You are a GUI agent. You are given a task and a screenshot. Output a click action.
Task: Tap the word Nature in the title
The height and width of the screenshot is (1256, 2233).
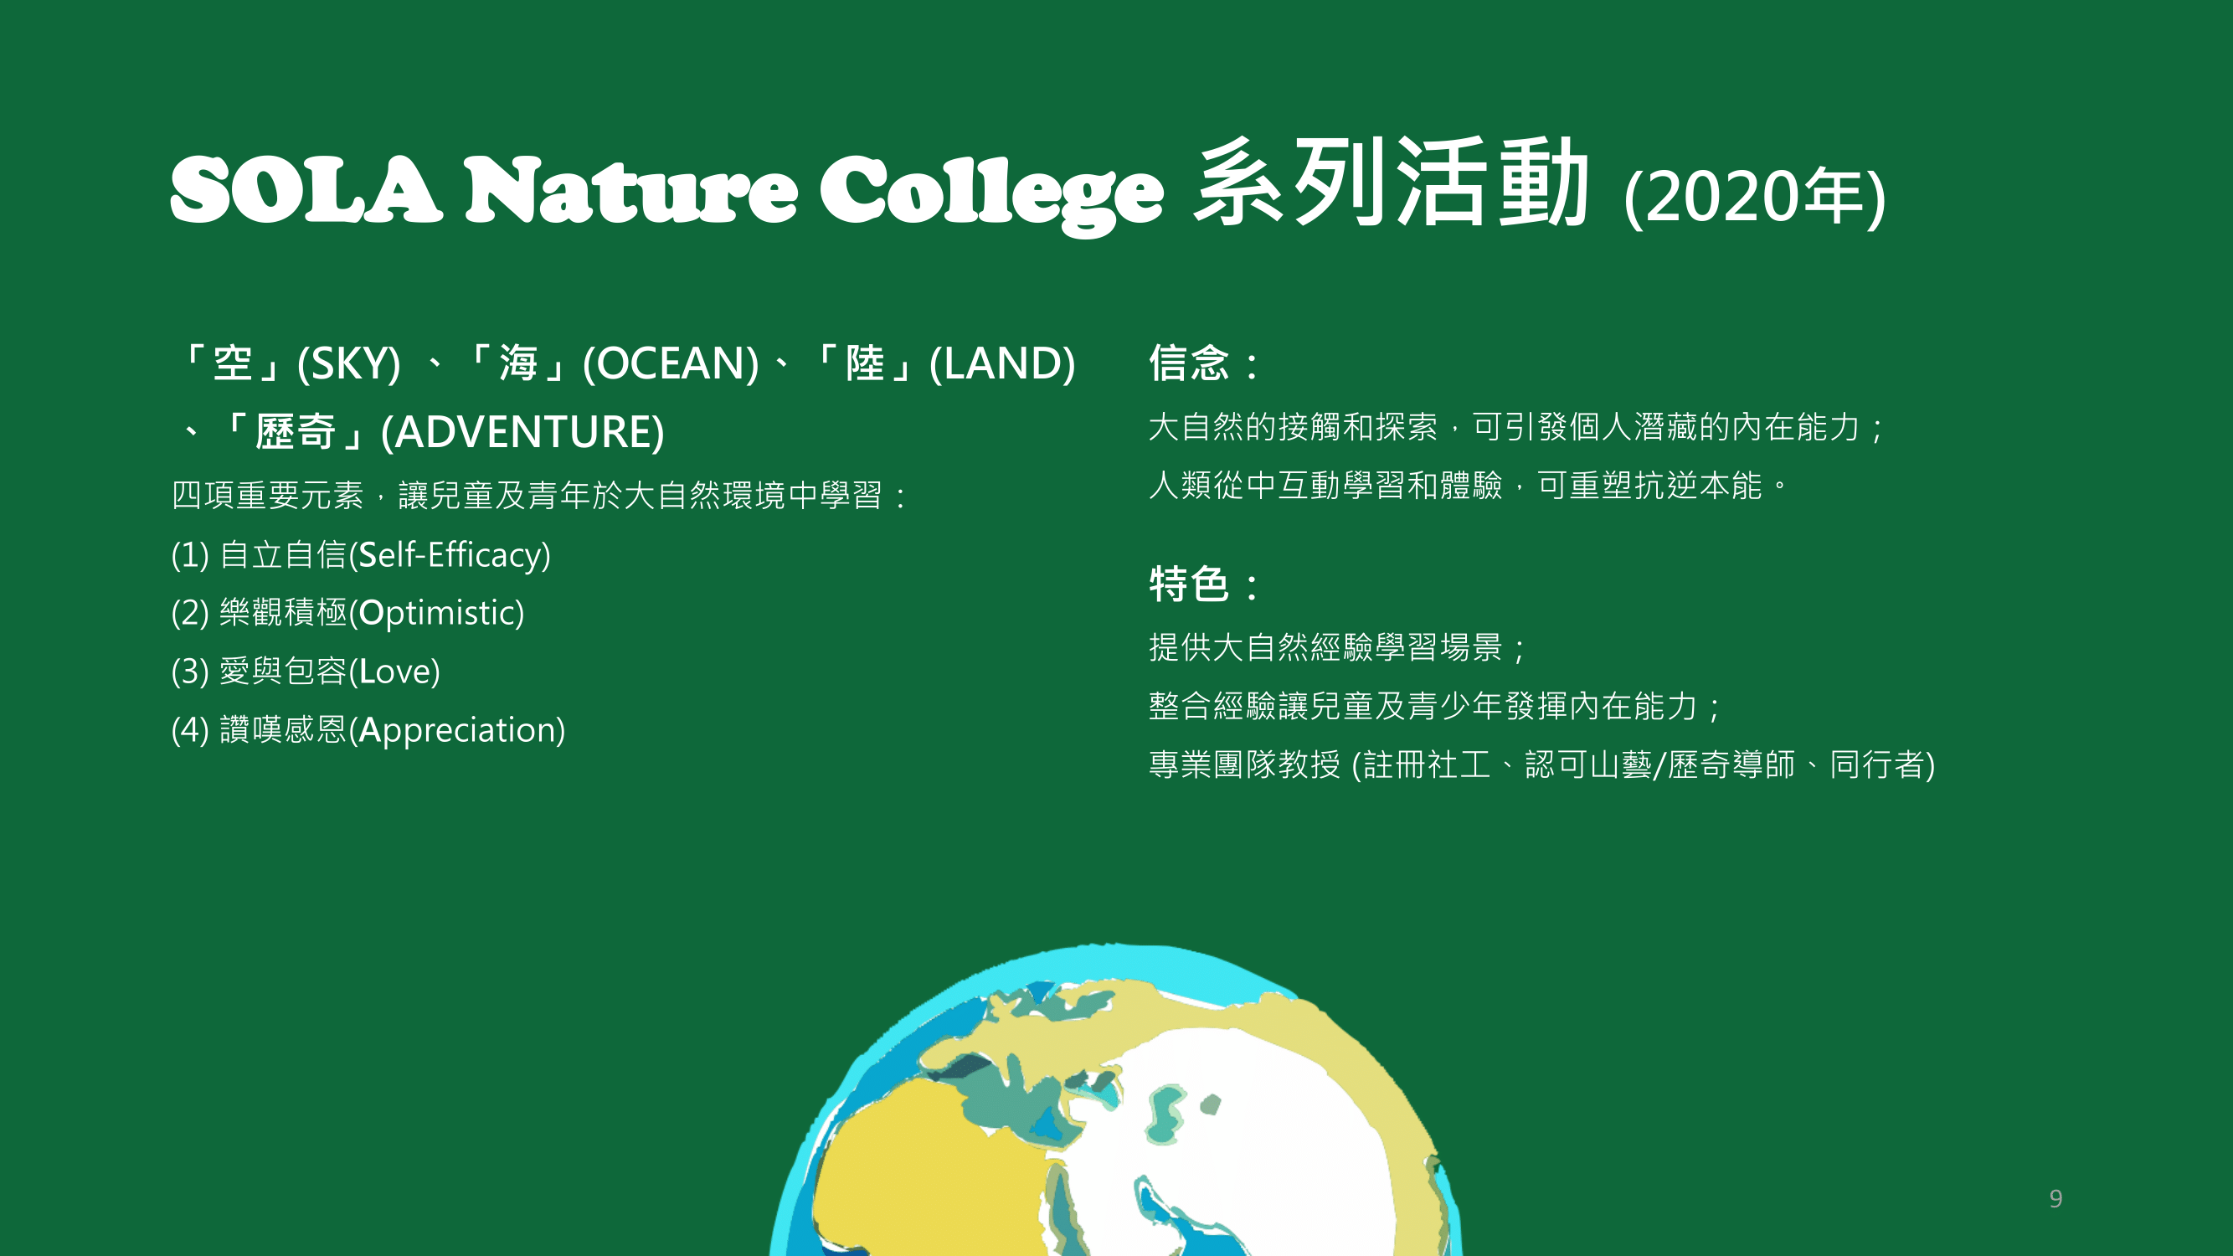point(630,190)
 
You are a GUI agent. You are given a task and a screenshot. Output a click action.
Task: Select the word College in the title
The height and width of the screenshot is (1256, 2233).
point(990,195)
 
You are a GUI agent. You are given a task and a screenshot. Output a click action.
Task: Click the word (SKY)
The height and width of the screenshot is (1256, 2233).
point(348,363)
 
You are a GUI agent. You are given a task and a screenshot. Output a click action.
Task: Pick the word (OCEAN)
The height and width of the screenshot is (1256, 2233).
point(671,363)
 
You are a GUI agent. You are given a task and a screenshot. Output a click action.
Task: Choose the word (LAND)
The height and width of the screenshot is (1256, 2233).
point(1002,363)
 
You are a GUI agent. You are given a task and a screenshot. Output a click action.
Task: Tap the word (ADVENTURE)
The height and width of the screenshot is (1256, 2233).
point(522,432)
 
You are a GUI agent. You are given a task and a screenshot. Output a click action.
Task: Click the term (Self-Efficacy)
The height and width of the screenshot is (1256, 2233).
point(449,555)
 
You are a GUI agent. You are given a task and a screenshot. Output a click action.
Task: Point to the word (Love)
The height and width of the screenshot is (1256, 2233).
point(394,671)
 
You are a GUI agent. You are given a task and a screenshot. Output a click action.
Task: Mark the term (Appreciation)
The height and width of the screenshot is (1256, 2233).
point(457,730)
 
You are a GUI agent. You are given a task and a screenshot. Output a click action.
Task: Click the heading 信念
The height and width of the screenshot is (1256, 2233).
point(1188,363)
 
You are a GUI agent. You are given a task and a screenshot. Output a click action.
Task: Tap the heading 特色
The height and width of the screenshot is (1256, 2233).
point(1188,584)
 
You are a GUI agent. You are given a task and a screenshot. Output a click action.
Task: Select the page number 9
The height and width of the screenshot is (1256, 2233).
point(2055,1198)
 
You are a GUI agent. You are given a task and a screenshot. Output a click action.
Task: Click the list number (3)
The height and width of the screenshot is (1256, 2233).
point(191,671)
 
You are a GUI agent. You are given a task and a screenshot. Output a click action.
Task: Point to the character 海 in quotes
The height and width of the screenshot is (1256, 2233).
point(518,363)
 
